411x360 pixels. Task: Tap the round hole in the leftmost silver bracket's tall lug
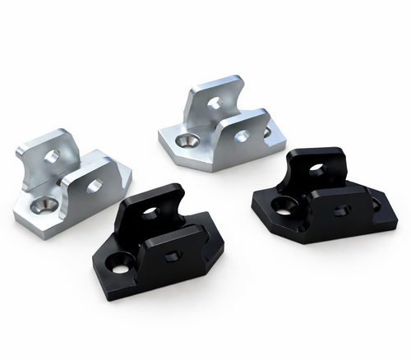[x=51, y=156]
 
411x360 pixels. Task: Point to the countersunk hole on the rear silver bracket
[x=189, y=142]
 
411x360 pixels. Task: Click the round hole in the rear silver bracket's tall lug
[x=215, y=104]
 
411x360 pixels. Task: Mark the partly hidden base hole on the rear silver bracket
[x=267, y=132]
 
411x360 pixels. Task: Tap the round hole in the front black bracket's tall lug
[x=150, y=215]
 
